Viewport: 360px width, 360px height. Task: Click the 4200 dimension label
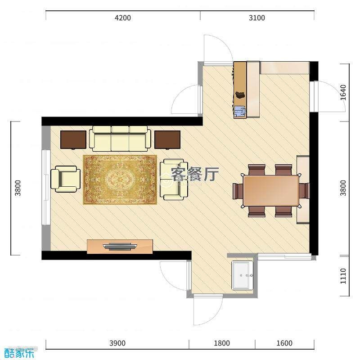pyautogui.click(x=123, y=18)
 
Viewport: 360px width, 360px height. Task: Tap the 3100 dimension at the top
pyautogui.click(x=257, y=18)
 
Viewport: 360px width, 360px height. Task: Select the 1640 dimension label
pyautogui.click(x=343, y=93)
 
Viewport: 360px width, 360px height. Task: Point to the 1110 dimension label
pyautogui.click(x=343, y=276)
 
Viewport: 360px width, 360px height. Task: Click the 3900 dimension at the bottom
pyautogui.click(x=117, y=343)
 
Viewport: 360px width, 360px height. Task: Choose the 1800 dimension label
pyautogui.click(x=222, y=343)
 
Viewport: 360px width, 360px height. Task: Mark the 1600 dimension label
pyautogui.click(x=284, y=343)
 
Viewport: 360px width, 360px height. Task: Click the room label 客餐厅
pyautogui.click(x=195, y=174)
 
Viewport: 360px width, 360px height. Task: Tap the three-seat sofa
pyautogui.click(x=120, y=139)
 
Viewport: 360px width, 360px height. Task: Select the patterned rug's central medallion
pyautogui.click(x=120, y=178)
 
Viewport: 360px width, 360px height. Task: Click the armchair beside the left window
pyautogui.click(x=65, y=179)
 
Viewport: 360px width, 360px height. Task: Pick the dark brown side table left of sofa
pyautogui.click(x=73, y=139)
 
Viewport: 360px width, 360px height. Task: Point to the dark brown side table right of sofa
pyautogui.click(x=167, y=139)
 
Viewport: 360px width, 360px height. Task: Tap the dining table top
pyautogui.click(x=271, y=190)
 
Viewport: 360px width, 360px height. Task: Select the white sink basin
pyautogui.click(x=242, y=275)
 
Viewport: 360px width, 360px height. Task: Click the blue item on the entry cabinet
pyautogui.click(x=240, y=111)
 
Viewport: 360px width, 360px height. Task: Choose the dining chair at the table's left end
pyautogui.click(x=238, y=191)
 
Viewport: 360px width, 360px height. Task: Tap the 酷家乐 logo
pyautogui.click(x=19, y=352)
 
